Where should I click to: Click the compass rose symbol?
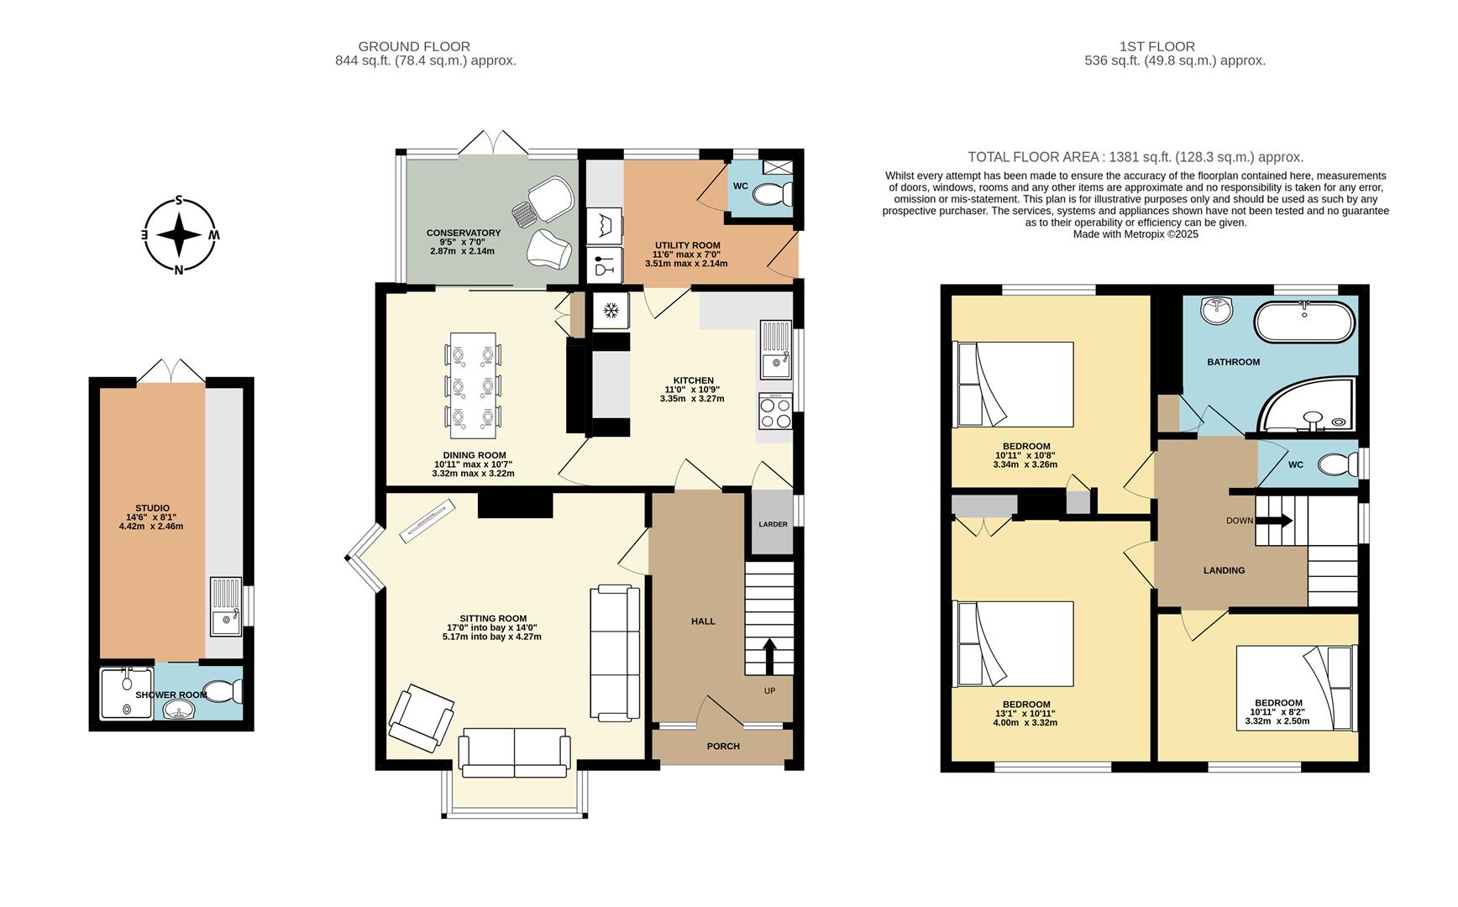178,235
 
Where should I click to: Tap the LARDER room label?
773,524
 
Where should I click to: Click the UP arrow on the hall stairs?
768,656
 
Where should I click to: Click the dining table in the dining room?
476,385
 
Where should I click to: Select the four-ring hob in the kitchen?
774,412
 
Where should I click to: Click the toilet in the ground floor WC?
772,195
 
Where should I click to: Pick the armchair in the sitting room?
421,716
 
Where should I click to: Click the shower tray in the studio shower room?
127,694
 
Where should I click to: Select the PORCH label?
723,746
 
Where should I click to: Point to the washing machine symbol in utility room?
605,225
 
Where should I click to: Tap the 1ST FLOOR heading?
1156,47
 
